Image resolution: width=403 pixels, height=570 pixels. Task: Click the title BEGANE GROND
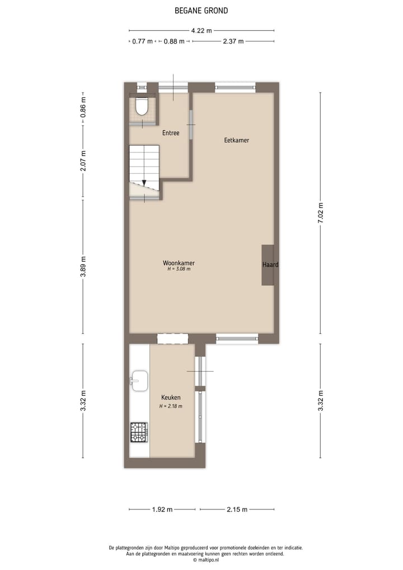click(x=201, y=10)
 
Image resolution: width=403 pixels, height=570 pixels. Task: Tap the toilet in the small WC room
click(x=141, y=106)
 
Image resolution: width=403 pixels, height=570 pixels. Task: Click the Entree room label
click(x=171, y=133)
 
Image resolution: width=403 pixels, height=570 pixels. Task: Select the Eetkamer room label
click(x=236, y=140)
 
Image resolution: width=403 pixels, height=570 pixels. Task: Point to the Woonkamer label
click(x=179, y=262)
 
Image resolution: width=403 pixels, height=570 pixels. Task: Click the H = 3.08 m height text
click(x=179, y=269)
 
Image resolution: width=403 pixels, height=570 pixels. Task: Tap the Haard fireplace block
click(x=268, y=265)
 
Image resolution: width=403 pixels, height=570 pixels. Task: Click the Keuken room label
click(x=171, y=397)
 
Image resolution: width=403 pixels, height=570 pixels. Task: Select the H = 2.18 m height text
click(x=171, y=406)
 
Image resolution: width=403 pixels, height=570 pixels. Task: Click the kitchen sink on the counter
click(x=139, y=381)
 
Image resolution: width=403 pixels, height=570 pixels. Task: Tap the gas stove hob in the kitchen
click(x=139, y=432)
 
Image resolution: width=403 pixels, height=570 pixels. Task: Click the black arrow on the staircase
click(x=144, y=183)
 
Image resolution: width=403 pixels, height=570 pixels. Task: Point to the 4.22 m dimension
click(x=201, y=31)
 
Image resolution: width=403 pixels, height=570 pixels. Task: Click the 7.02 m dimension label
click(x=321, y=213)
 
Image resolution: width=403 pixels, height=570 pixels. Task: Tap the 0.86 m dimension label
click(x=83, y=107)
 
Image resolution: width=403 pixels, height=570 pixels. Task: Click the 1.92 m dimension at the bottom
click(x=162, y=509)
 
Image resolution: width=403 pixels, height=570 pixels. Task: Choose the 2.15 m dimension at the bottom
click(x=237, y=509)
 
